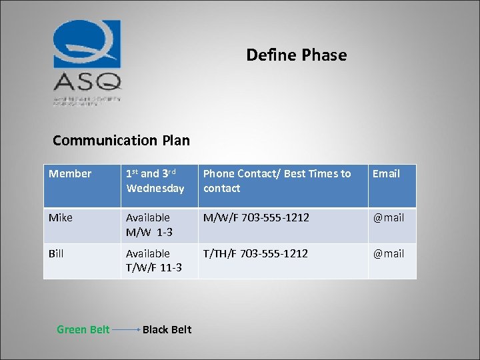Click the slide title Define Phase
[296, 55]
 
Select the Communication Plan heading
[121, 140]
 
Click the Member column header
[70, 174]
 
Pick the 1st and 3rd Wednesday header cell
[155, 181]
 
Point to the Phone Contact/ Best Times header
[277, 181]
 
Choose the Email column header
[386, 174]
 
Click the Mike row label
[61, 218]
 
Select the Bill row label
[56, 254]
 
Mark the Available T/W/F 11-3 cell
[153, 261]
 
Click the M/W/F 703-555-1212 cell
[256, 218]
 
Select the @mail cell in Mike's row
[388, 218]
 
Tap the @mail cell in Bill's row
[388, 254]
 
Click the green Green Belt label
[83, 329]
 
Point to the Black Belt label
[167, 329]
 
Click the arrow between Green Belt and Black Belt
[126, 329]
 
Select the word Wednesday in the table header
[155, 189]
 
